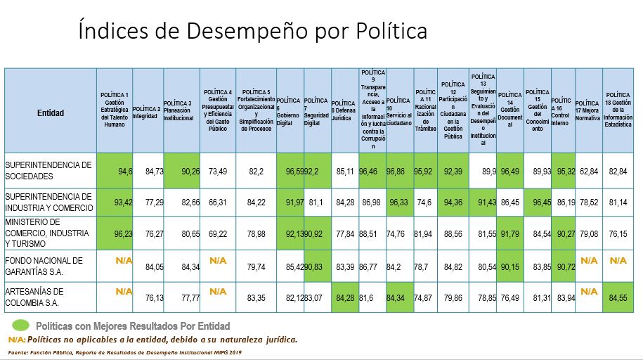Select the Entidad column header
[x=51, y=112]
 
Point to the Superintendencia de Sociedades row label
[x=48, y=170]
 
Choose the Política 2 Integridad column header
[x=147, y=112]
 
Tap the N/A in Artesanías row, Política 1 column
[x=124, y=291]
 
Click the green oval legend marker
[x=21, y=326]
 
